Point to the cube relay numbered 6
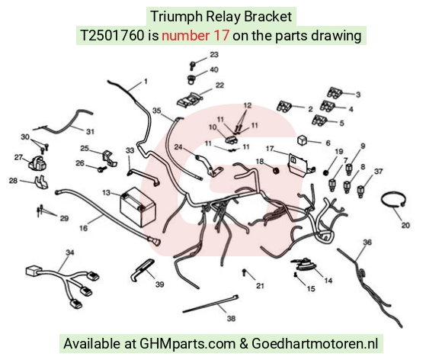click(x=303, y=140)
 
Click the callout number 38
click(x=231, y=319)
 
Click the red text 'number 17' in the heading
click(x=195, y=36)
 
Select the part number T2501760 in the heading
click(x=112, y=36)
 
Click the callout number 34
click(x=69, y=252)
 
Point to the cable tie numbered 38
click(x=210, y=304)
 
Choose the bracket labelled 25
click(x=109, y=159)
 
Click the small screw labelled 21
click(x=244, y=272)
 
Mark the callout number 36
click(x=367, y=242)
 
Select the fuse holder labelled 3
click(x=335, y=93)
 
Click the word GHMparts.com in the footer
click(x=187, y=343)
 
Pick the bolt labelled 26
click(x=101, y=169)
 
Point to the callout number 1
click(x=146, y=82)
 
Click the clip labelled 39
click(x=143, y=269)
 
